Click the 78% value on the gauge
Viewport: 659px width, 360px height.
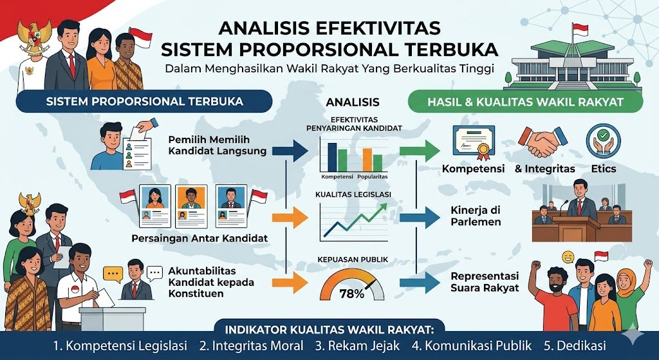pos(352,294)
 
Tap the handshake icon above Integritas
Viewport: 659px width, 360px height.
pos(543,142)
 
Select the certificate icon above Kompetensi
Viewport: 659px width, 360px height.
pos(472,142)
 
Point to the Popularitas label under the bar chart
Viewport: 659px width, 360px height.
pos(373,176)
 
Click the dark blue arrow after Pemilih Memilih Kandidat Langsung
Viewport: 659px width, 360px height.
pos(290,151)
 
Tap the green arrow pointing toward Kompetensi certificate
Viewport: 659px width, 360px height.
pos(420,151)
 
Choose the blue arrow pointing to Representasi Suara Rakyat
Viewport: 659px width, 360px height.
pos(420,282)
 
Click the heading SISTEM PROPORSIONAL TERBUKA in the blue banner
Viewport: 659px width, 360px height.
pos(144,101)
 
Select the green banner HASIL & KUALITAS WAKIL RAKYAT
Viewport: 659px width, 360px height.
pos(525,102)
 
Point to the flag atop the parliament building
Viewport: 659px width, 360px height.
pos(580,29)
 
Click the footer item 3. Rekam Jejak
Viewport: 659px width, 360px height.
pos(358,346)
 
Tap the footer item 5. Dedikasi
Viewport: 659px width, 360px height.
pos(575,346)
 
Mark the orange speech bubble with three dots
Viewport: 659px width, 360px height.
pos(113,274)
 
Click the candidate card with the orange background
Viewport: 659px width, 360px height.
pos(191,206)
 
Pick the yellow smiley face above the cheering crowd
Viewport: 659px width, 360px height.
pos(568,256)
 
